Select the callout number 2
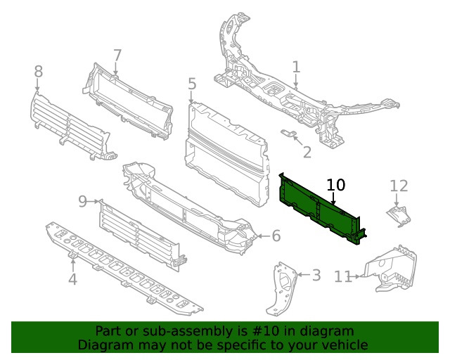point(307,152)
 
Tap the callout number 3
point(316,275)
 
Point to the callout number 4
point(72,281)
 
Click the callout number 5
point(192,84)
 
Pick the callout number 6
point(276,236)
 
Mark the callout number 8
point(38,71)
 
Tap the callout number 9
point(83,202)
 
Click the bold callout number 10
point(336,185)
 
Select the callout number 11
point(342,277)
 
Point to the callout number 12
point(399,186)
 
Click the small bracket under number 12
point(398,215)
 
